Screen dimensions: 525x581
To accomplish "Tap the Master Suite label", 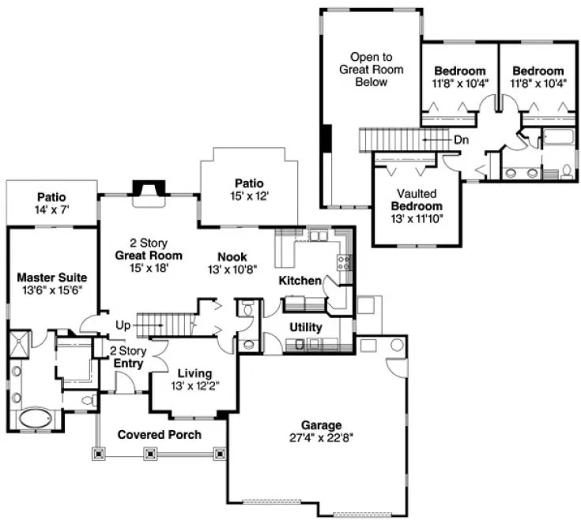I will (51, 278).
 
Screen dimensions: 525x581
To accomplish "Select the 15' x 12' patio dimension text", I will (249, 196).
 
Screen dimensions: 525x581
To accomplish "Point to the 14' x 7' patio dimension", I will (51, 210).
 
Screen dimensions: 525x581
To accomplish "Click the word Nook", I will (233, 257).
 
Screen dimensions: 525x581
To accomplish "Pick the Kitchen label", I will (300, 281).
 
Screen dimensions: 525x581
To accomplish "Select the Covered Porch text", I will (159, 434).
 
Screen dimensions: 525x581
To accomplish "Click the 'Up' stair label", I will (123, 325).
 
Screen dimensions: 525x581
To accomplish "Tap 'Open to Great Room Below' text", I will (372, 70).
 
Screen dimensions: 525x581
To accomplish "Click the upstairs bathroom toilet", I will (568, 169).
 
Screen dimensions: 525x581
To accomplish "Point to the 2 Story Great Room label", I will (149, 249).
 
